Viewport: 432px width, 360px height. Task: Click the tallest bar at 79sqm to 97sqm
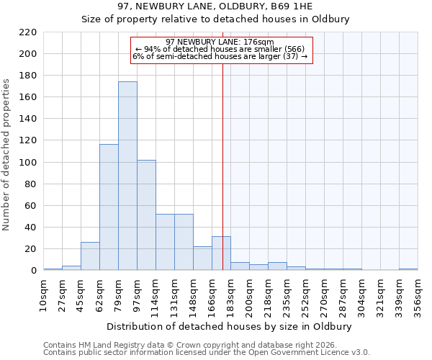pyautogui.click(x=127, y=176)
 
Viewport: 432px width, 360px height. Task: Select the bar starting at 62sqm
pyautogui.click(x=109, y=207)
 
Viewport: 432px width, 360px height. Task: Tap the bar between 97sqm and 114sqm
pyautogui.click(x=146, y=215)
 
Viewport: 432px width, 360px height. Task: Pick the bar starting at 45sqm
pyautogui.click(x=90, y=256)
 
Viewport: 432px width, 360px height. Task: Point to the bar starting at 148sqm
pyautogui.click(x=202, y=258)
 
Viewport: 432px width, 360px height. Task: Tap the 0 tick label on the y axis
pyautogui.click(x=34, y=271)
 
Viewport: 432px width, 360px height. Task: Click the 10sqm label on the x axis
pyautogui.click(x=43, y=294)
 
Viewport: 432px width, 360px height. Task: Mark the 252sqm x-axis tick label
pyautogui.click(x=305, y=294)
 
